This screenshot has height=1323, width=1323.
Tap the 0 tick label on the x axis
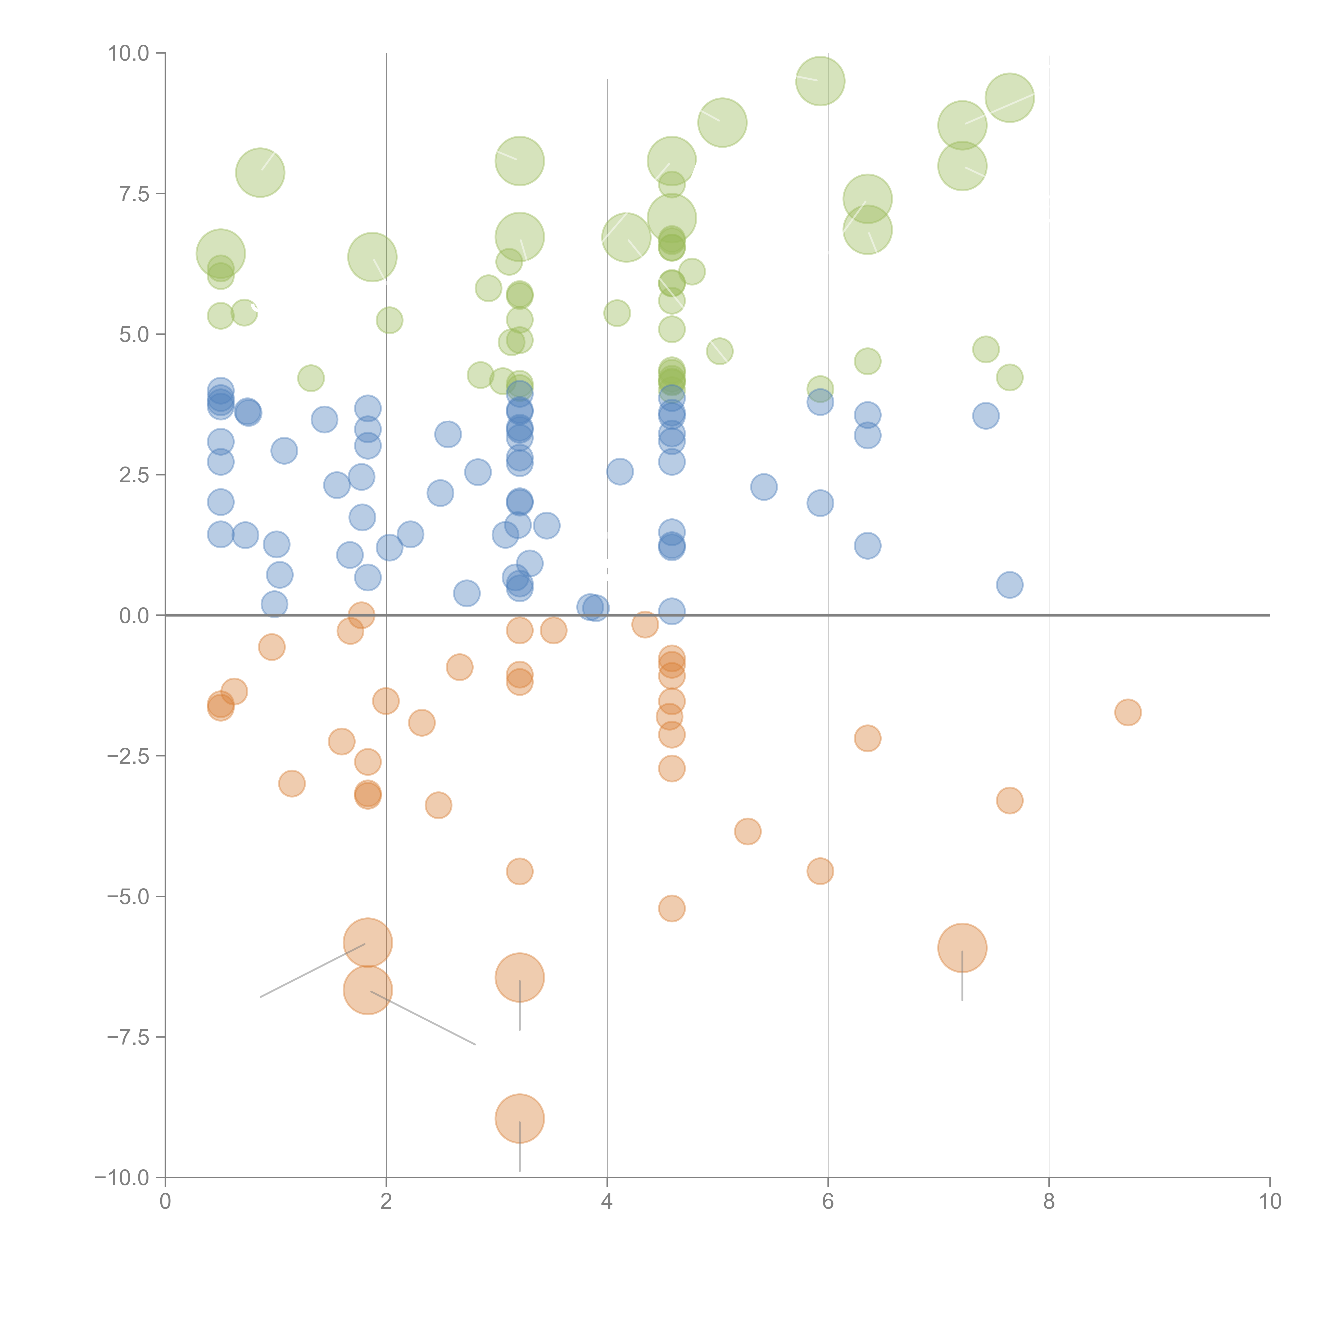165,1201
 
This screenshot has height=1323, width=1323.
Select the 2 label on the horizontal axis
386,1201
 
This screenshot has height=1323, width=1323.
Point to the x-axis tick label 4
607,1201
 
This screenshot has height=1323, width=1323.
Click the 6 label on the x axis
828,1201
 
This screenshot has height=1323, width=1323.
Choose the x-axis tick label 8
1049,1201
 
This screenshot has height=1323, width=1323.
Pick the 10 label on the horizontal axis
1270,1201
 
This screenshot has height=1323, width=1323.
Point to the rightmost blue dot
1009,585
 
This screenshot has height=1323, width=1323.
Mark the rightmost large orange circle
962,948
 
